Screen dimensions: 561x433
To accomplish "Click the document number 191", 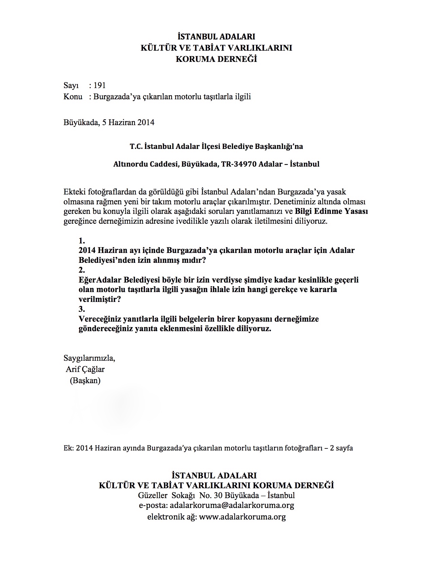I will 100,85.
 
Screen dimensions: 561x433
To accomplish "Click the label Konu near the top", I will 73,97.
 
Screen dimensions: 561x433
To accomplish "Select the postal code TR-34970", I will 239,164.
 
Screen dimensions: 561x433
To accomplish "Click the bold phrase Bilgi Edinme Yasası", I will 331,211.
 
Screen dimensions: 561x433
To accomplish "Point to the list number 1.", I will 82,241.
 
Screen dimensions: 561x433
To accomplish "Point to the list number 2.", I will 82,270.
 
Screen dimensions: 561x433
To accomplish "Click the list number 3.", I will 82,309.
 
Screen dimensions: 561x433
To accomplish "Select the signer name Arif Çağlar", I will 85,369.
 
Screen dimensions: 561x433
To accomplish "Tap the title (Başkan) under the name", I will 85,380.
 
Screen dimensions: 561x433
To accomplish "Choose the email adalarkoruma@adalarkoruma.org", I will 232,505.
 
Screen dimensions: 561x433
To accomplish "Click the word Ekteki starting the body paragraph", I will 75,192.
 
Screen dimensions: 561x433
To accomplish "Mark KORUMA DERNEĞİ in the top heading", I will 216,59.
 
